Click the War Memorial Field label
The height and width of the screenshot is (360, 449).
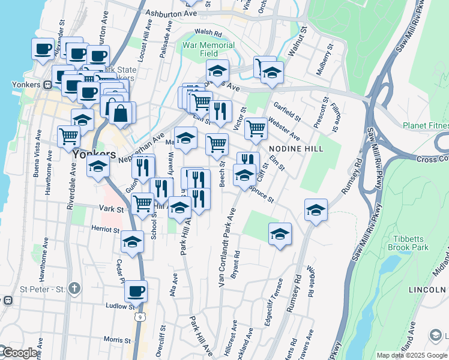(x=208, y=50)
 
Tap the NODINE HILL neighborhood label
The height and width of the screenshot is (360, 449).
(x=296, y=149)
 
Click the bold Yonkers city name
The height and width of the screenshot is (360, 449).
(x=94, y=154)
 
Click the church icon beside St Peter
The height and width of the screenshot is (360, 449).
(x=74, y=289)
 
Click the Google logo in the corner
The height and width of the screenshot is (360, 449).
(x=19, y=353)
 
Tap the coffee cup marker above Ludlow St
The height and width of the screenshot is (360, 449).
(x=136, y=292)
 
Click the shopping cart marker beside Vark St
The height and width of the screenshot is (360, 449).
(x=142, y=203)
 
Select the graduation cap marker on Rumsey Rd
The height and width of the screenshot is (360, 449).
(x=316, y=210)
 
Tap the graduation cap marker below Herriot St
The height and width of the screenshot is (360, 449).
(x=132, y=242)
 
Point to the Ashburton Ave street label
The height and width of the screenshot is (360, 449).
(x=174, y=13)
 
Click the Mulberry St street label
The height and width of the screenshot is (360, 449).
(x=328, y=58)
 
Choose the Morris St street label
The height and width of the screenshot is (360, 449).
(x=113, y=340)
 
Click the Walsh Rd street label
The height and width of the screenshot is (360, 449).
(x=208, y=33)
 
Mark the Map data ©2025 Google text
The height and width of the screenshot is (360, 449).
(x=411, y=355)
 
